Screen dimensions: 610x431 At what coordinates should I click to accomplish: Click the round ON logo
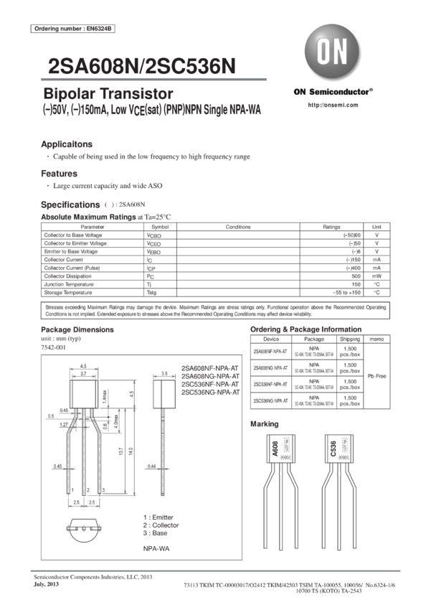[x=331, y=54]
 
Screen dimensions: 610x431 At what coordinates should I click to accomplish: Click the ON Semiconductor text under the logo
[x=333, y=92]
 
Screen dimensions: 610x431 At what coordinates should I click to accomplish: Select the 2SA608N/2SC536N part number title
[x=140, y=67]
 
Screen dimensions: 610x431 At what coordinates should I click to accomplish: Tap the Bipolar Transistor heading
[x=108, y=94]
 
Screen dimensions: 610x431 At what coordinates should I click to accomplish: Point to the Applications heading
[x=67, y=143]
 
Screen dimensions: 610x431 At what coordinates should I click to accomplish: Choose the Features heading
[x=59, y=174]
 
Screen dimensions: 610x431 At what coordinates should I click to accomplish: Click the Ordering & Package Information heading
[x=306, y=329]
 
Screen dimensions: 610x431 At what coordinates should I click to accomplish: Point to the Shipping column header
[x=350, y=338]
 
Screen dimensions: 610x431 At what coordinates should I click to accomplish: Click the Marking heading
[x=260, y=424]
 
